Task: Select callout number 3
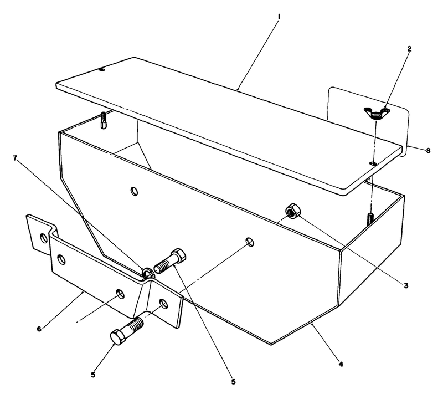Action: [405, 286]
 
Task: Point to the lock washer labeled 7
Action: [147, 272]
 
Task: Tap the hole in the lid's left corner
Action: [101, 70]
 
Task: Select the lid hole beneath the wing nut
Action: [373, 163]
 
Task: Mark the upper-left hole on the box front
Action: [133, 191]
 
